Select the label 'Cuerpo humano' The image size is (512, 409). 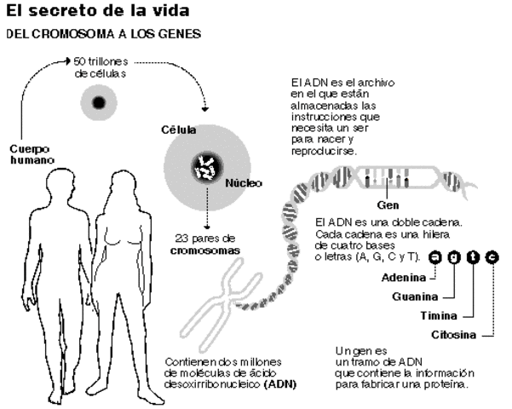tap(32, 153)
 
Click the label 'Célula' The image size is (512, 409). tap(178, 130)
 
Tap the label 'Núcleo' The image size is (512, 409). tap(244, 183)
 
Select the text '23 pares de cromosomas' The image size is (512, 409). tap(204, 245)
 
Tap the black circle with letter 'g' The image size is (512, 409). tap(454, 256)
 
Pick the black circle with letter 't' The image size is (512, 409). tap(473, 256)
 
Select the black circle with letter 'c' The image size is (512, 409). tap(492, 256)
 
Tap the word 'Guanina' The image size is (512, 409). tap(416, 296)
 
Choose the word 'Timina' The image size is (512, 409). tap(437, 315)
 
